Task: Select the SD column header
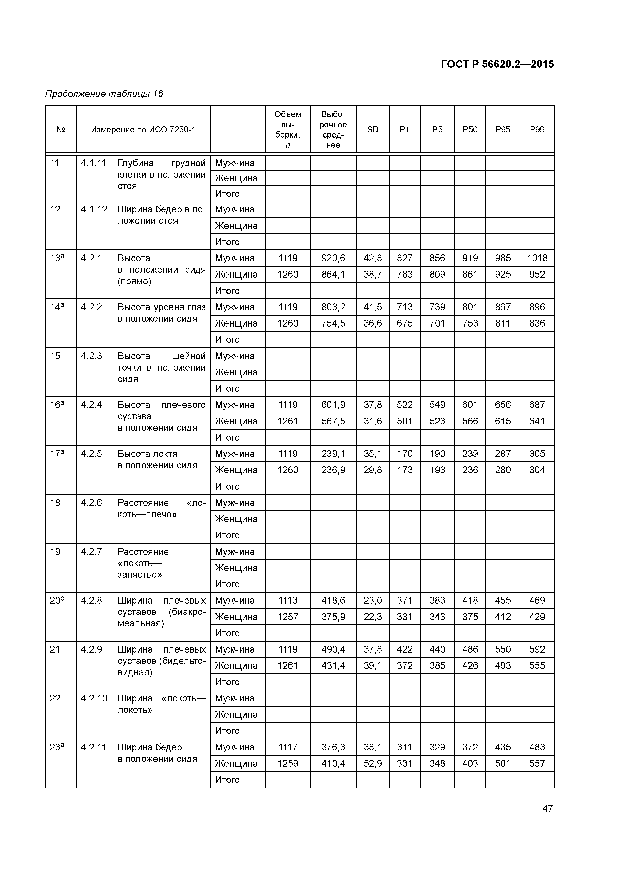[372, 129]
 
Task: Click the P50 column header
[470, 129]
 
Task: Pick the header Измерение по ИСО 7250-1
[143, 129]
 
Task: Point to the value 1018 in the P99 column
[537, 258]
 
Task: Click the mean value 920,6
[333, 258]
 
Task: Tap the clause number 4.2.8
[92, 601]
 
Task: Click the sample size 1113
[288, 601]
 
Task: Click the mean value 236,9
[333, 470]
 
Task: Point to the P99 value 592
[537, 649]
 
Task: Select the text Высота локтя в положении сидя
[157, 459]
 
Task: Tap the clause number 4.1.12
[94, 209]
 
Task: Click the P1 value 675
[404, 323]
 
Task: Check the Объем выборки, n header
[288, 129]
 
